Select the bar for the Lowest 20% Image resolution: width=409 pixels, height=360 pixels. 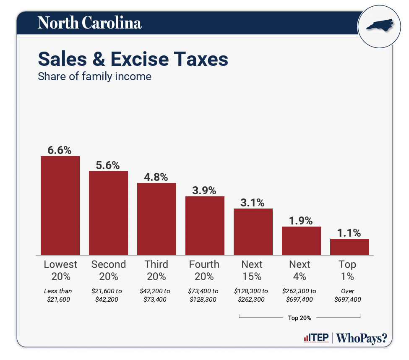click(x=60, y=205)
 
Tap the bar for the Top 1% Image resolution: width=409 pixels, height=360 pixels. click(x=349, y=247)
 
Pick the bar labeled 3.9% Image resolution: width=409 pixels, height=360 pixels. click(x=205, y=225)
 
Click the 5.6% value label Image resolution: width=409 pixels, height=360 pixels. click(x=108, y=165)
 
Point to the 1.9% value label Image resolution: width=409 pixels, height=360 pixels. click(x=301, y=220)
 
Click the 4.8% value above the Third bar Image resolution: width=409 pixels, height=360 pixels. click(x=156, y=177)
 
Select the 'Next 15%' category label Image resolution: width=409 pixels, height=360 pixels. click(x=252, y=270)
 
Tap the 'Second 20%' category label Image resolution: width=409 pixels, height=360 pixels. click(x=108, y=270)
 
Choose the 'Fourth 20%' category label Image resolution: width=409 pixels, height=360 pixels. click(x=204, y=270)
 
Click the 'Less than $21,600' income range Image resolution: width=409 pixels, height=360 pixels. click(x=58, y=295)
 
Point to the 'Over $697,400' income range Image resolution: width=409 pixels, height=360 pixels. click(x=348, y=295)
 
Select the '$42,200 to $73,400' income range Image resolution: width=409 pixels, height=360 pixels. click(x=155, y=295)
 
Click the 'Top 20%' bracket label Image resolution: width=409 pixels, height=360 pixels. click(x=300, y=318)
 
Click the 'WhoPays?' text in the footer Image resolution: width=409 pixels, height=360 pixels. click(x=361, y=338)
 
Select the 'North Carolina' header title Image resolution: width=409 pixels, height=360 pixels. click(x=89, y=23)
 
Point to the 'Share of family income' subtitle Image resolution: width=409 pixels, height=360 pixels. click(x=94, y=77)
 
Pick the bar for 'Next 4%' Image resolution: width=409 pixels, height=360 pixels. click(x=301, y=240)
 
